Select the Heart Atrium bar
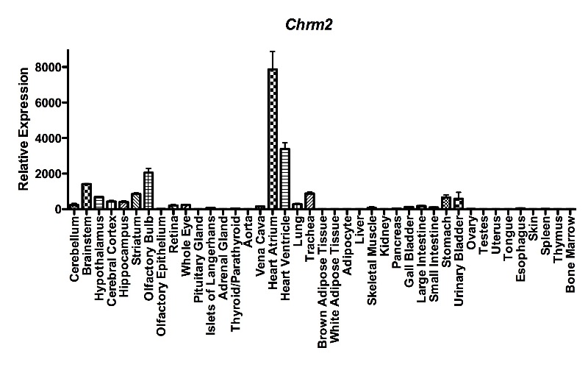pos(273,140)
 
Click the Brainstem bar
pos(86,196)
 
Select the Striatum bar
pos(136,202)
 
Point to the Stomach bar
pos(446,203)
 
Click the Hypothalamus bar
pos(98,203)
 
